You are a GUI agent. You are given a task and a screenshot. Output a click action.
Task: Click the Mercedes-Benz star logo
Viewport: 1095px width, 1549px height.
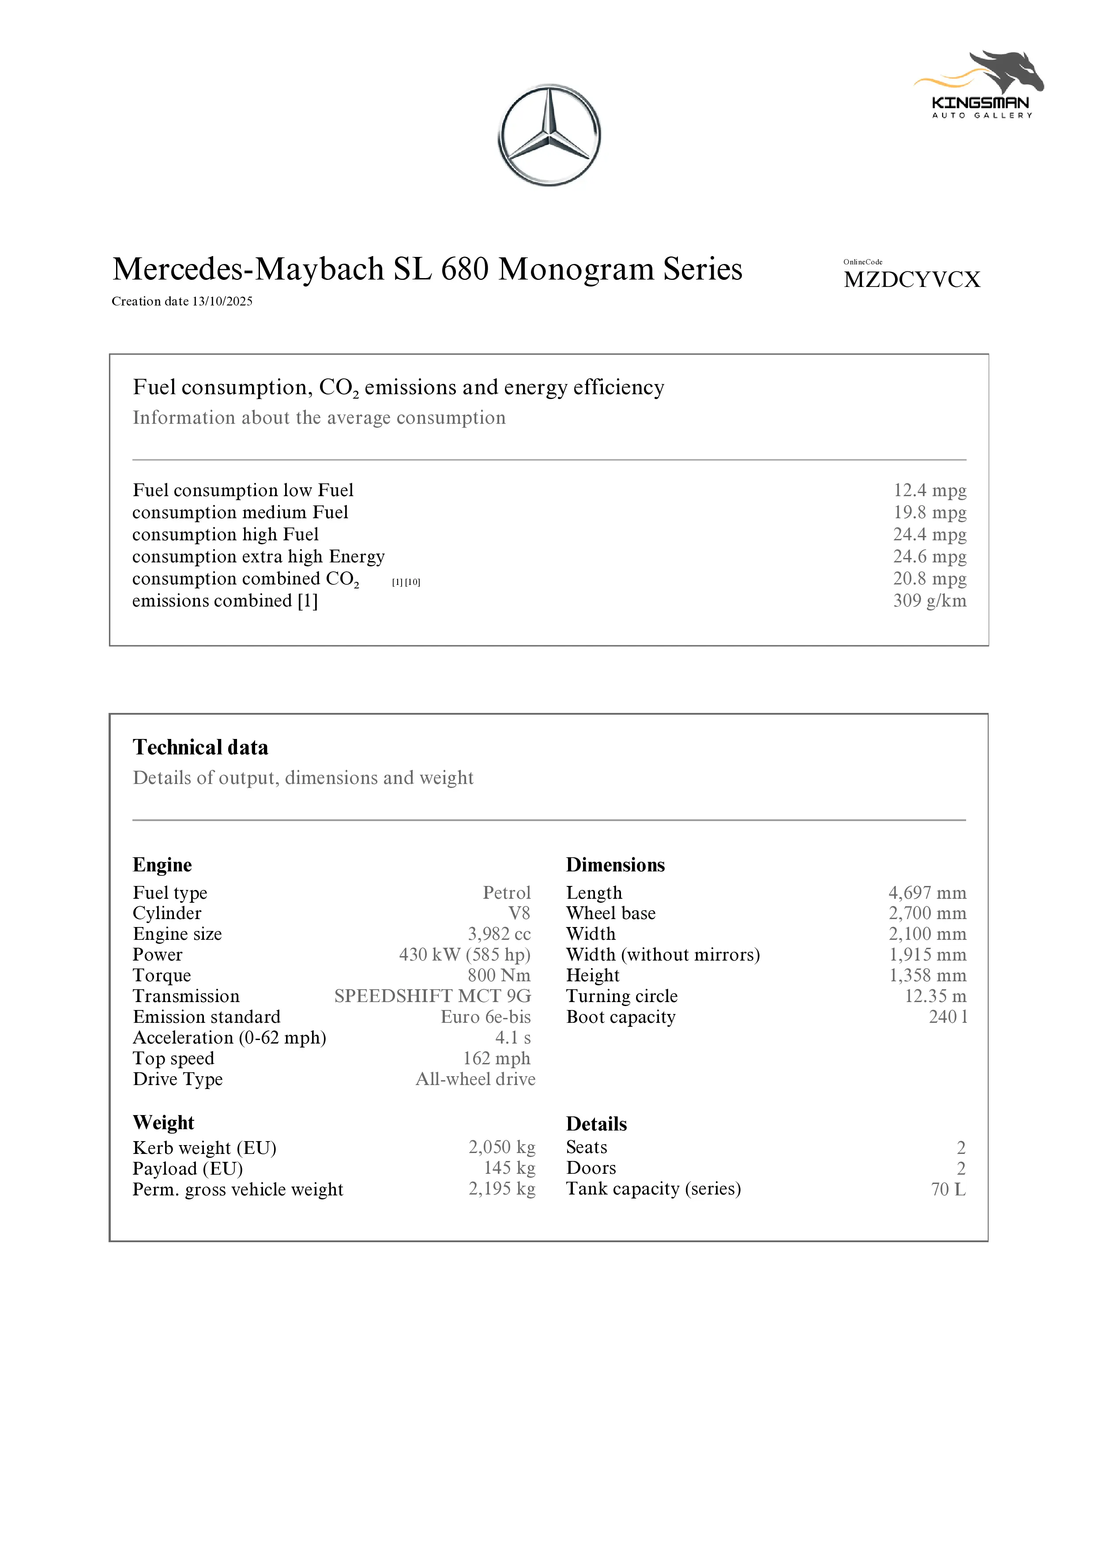(549, 135)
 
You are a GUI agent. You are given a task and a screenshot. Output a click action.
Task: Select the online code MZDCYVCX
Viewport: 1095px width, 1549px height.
(911, 279)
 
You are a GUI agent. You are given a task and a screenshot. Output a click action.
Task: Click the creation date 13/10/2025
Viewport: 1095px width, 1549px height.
(222, 302)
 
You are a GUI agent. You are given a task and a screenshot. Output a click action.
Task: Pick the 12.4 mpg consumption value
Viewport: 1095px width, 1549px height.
(929, 490)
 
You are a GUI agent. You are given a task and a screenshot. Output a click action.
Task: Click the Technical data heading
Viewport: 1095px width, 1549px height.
(200, 747)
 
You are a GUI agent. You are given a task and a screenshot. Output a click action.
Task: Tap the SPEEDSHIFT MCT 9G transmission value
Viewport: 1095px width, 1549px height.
(433, 996)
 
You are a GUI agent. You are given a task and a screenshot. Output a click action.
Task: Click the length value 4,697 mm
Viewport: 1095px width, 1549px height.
(927, 893)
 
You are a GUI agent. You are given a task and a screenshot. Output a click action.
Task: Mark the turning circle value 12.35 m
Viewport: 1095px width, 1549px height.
(935, 996)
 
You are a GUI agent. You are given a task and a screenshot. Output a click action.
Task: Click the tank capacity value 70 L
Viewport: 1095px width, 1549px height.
(948, 1189)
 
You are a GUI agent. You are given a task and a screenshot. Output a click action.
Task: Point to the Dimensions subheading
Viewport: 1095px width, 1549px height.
(615, 865)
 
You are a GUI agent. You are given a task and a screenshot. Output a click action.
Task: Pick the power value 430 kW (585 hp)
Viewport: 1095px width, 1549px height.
(465, 955)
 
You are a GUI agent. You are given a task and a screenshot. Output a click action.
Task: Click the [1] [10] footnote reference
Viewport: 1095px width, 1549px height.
(406, 582)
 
